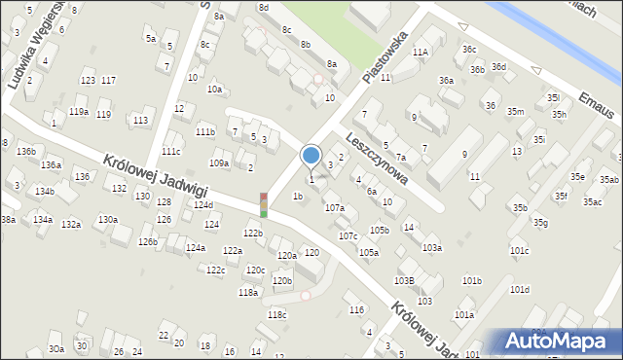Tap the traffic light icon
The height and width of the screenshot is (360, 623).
click(263, 204)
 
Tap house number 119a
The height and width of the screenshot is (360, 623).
click(78, 112)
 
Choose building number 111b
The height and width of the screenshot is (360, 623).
click(204, 131)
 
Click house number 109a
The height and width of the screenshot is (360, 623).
click(219, 163)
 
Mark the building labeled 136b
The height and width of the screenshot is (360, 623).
click(25, 152)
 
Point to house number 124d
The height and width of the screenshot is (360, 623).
click(202, 205)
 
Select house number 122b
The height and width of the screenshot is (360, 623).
click(253, 234)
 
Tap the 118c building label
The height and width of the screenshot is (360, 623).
click(277, 314)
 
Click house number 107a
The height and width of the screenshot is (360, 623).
click(334, 208)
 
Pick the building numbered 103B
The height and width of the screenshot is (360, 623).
click(404, 280)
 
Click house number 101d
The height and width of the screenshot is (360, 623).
click(519, 290)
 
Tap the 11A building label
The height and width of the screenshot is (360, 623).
click(420, 52)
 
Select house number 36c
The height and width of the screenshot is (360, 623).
click(469, 50)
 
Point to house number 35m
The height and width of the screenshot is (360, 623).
click(515, 112)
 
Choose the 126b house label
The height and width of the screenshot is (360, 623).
click(147, 242)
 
